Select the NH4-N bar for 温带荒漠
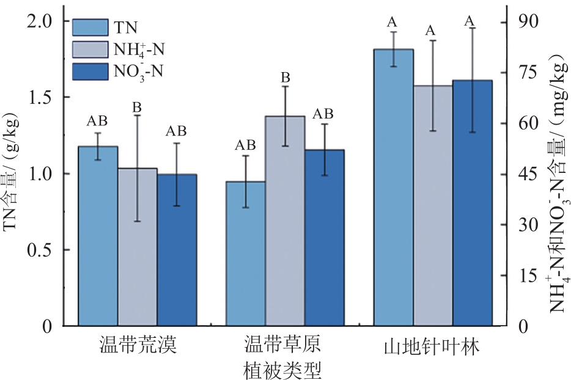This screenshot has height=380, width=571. coord(138,247)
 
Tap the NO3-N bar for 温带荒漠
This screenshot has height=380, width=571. coord(177,250)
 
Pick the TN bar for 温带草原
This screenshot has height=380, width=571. coord(245,254)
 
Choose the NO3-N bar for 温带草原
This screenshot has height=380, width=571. coord(325,238)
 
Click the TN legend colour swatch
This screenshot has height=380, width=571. coord(90,27)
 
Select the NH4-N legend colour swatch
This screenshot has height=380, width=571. coord(90,49)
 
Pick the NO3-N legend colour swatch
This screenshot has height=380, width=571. coord(90,71)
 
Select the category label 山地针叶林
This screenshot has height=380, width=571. coord(432,347)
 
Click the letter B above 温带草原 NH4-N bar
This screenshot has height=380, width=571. coord(285,78)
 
